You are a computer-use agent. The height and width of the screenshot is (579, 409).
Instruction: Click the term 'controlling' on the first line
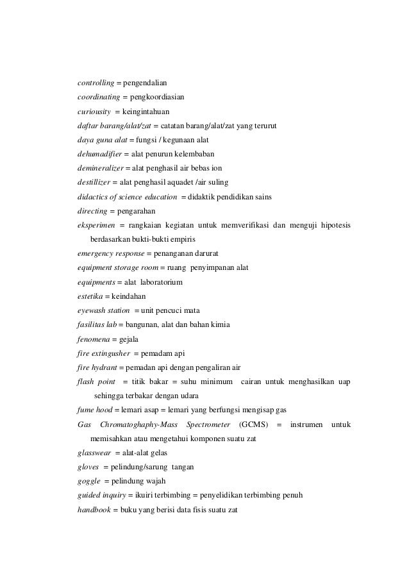pos(95,83)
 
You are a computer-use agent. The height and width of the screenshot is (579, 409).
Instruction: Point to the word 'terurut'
pos(277,126)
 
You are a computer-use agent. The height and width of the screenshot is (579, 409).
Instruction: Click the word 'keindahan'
pos(129,296)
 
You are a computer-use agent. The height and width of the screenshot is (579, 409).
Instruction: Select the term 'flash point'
pos(96,382)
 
